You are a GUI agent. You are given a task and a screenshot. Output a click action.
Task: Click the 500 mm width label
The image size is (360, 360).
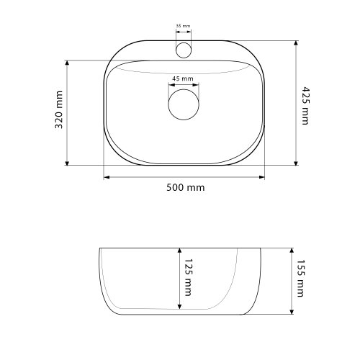186,187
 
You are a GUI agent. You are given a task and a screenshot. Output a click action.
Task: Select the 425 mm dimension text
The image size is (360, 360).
305,106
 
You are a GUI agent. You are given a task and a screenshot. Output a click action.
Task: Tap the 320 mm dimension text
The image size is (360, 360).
59,109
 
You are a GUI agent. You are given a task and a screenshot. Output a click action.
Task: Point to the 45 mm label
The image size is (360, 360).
183,78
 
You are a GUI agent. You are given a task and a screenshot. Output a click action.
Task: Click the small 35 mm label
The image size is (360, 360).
183,26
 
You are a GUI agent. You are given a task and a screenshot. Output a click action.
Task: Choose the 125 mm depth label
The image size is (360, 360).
189,277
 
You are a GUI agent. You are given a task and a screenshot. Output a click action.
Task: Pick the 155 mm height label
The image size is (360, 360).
300,279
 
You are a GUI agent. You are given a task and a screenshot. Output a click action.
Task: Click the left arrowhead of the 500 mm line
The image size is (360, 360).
107,177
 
